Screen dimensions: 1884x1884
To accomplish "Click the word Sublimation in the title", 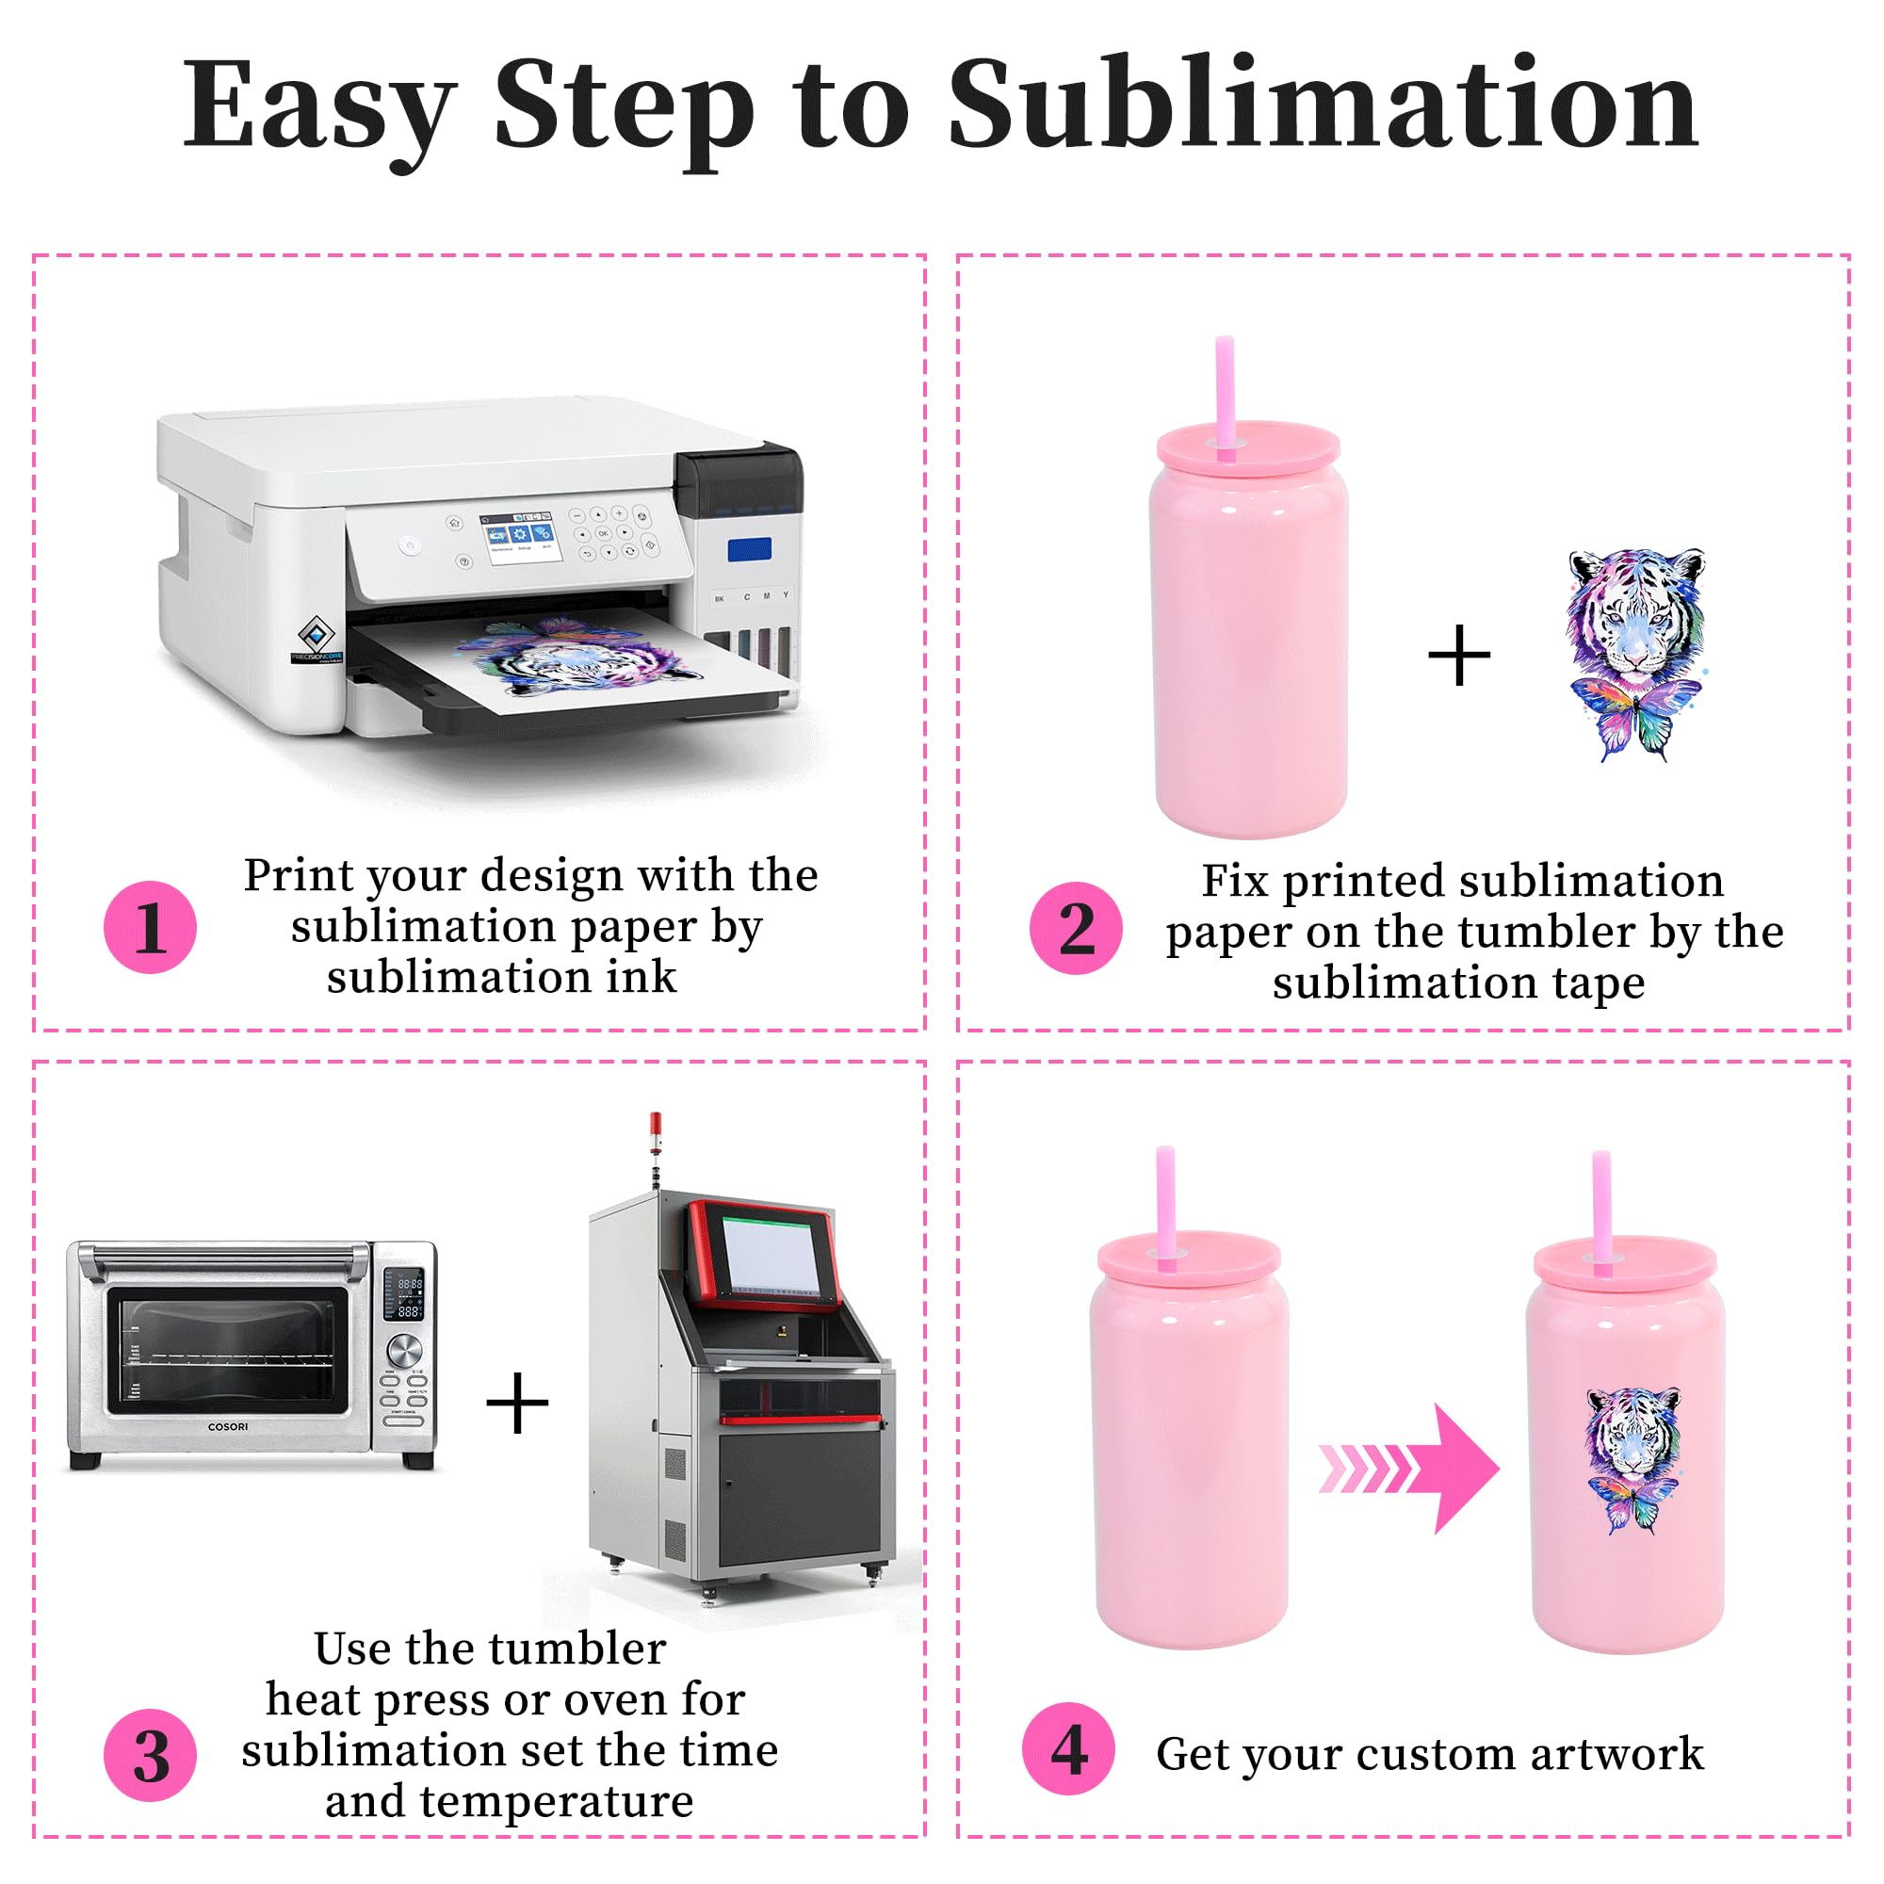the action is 1324,105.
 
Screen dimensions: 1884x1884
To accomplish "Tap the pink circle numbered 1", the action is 150,927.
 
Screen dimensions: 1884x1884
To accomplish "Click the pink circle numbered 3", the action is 150,1755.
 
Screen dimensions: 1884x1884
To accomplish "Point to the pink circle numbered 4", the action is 1069,1749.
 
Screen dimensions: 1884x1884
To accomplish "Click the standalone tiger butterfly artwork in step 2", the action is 1636,656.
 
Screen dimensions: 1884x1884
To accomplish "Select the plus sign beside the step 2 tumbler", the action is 1459,656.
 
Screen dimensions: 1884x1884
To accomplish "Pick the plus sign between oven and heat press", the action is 517,1405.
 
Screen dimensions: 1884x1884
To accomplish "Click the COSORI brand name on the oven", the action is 228,1426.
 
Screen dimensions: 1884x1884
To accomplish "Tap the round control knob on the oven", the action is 404,1350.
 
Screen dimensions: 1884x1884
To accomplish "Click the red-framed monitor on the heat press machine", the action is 763,1255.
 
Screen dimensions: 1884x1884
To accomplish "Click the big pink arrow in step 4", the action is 1408,1468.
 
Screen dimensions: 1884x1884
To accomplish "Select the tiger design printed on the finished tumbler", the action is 1633,1461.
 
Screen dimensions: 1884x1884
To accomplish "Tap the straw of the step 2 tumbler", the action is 1225,397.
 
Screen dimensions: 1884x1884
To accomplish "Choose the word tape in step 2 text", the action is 1599,983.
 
